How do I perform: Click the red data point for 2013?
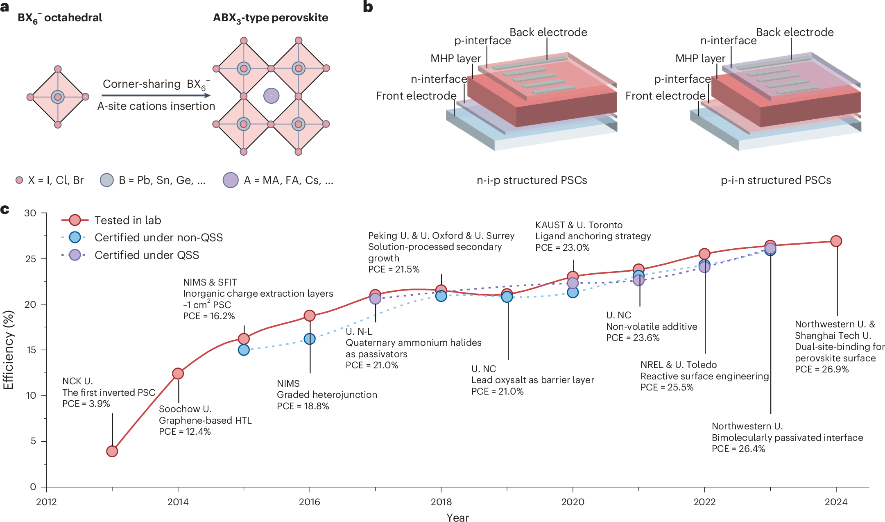[112, 451]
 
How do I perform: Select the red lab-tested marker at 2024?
[836, 241]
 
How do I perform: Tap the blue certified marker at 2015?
[244, 350]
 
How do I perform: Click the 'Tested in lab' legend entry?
[127, 220]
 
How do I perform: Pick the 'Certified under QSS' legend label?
[147, 255]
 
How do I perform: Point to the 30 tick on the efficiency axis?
[30, 213]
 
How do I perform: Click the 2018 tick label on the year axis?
[441, 502]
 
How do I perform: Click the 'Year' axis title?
[457, 517]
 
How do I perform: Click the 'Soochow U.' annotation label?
[185, 409]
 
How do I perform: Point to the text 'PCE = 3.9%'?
[86, 404]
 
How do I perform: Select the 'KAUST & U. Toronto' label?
[579, 225]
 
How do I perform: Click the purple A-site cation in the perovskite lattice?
[271, 96]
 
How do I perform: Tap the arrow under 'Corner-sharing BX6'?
[156, 95]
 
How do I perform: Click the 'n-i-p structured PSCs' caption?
[532, 180]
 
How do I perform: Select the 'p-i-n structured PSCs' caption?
[776, 180]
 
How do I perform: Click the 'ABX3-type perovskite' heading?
[270, 18]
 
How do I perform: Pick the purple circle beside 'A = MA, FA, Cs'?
[231, 180]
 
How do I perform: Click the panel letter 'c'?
[5, 209]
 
